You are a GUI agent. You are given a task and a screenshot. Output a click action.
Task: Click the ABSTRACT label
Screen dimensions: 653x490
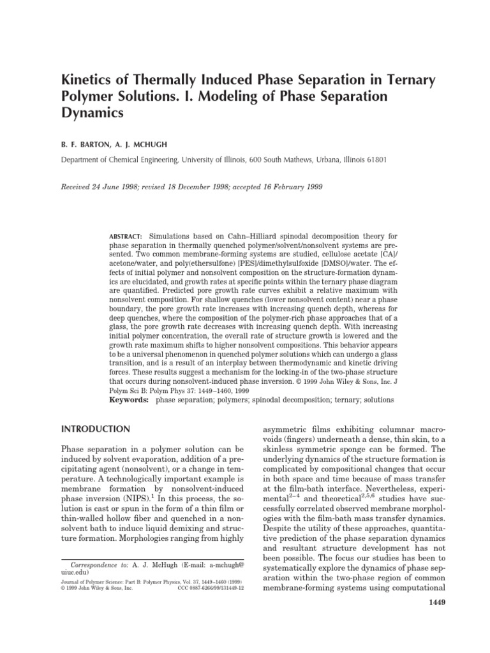124,235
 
